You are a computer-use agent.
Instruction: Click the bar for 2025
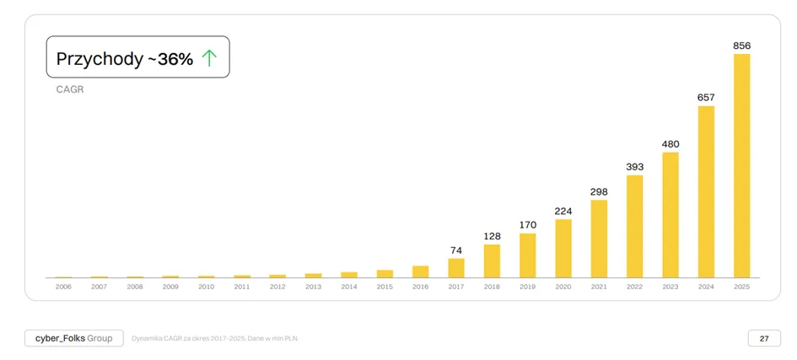[741, 165]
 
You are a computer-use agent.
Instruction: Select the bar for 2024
[706, 192]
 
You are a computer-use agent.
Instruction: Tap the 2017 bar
[456, 268]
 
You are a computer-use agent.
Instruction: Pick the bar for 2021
[599, 239]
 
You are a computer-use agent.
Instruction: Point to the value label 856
[741, 46]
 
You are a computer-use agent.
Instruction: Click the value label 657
[706, 98]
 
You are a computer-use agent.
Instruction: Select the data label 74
[456, 250]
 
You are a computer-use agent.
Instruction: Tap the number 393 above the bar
[635, 167]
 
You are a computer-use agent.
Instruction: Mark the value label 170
[528, 225]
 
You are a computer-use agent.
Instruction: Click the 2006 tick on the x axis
[63, 287]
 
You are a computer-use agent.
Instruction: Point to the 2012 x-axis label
[277, 287]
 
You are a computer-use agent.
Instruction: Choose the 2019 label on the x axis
[528, 287]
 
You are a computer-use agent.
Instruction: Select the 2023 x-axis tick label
[670, 287]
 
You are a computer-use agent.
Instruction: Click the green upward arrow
[209, 59]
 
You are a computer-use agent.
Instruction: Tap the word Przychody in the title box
[100, 59]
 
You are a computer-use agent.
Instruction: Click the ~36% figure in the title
[170, 59]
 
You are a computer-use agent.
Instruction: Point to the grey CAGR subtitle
[70, 90]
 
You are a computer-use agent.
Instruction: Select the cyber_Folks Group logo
[73, 338]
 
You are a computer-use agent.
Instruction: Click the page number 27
[764, 338]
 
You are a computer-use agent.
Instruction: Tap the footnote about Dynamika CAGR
[215, 338]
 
